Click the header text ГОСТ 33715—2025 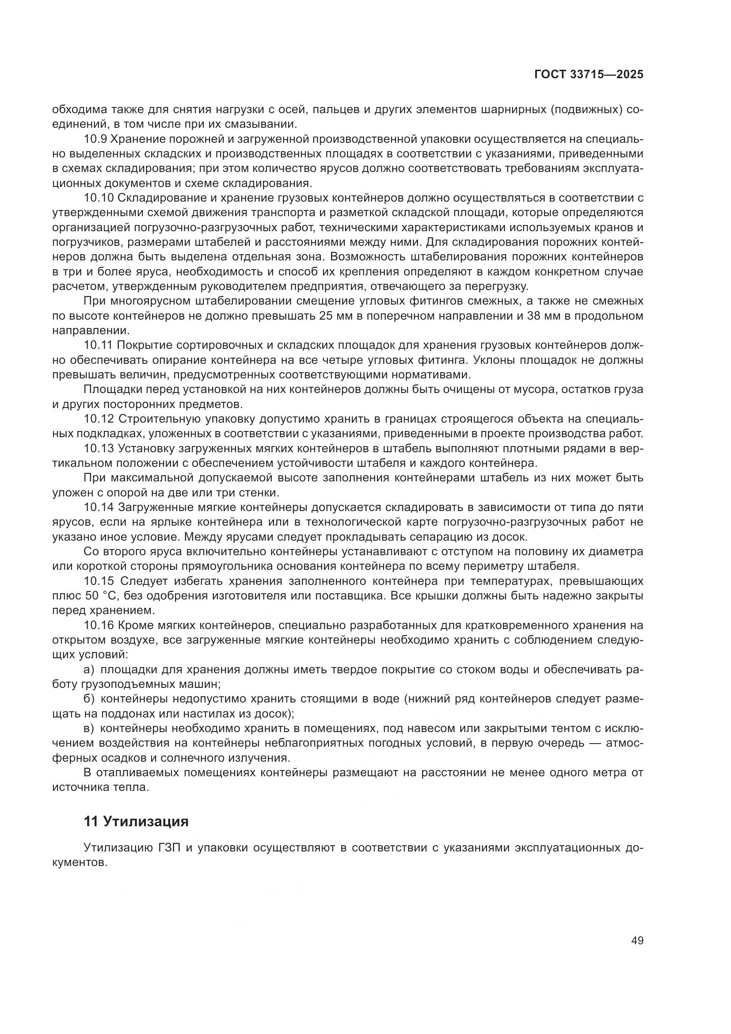[x=589, y=75]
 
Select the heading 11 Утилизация [x=136, y=822]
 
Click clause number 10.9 [x=95, y=139]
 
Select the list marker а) [x=89, y=670]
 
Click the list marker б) [x=89, y=699]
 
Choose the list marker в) [x=89, y=728]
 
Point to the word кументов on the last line [x=79, y=863]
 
